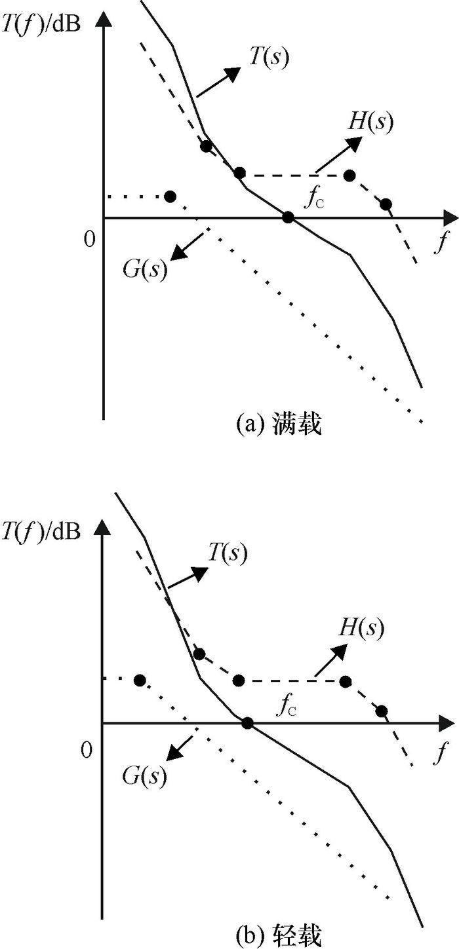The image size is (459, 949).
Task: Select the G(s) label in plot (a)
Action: click(x=145, y=269)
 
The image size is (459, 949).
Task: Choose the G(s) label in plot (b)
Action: click(x=144, y=777)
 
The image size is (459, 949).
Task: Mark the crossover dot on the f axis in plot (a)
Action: click(x=288, y=217)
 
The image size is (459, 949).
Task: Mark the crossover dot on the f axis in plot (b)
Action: click(x=247, y=723)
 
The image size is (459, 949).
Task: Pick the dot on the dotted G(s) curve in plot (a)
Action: click(x=170, y=196)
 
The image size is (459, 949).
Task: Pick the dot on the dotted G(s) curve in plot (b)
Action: click(x=139, y=680)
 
